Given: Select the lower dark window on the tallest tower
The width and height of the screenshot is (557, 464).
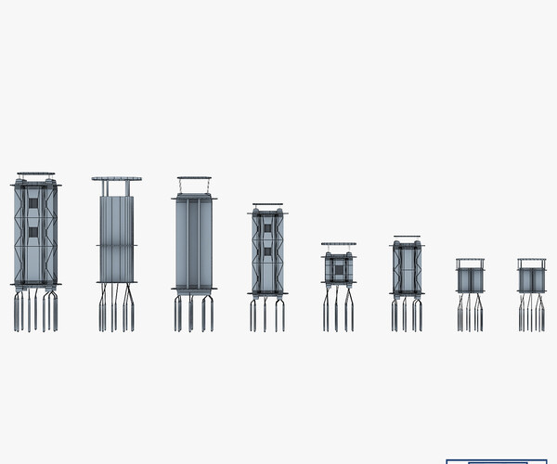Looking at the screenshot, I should point(35,228).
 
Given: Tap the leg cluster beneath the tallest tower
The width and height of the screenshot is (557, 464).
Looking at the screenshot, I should point(35,313).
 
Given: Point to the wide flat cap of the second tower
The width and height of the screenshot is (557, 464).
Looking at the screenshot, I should point(116,178).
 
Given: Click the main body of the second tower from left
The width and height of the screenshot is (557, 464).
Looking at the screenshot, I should point(116,237).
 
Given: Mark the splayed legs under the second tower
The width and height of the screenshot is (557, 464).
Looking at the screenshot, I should point(116,311).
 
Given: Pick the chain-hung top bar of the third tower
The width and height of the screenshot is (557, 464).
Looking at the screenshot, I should point(193,178).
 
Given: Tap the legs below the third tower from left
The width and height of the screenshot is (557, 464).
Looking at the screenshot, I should point(193,314).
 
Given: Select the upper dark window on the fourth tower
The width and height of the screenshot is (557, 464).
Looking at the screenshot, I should point(267,225).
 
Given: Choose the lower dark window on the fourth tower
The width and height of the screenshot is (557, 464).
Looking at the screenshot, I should point(267,251).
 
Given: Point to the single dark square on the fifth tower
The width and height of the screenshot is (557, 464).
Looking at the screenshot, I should point(339,269).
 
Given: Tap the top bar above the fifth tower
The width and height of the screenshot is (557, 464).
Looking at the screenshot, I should point(339,244).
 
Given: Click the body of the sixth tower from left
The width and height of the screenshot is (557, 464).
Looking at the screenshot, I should point(407,269).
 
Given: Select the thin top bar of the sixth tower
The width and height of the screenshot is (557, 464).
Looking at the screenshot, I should point(407,237).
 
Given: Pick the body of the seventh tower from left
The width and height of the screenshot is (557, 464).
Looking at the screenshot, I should point(470,280).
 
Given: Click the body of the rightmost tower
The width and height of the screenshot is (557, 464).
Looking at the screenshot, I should point(532,279).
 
